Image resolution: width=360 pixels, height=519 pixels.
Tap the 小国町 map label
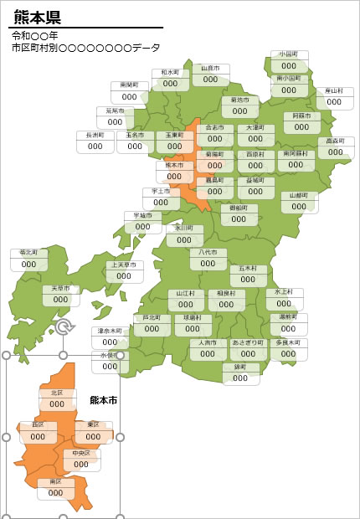pyautogui.click(x=289, y=54)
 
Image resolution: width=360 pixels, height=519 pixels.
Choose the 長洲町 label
pyautogui.click(x=95, y=135)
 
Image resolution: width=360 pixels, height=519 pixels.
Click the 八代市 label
pyautogui.click(x=208, y=252)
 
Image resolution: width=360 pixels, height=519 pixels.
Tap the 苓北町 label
pyautogui.click(x=29, y=252)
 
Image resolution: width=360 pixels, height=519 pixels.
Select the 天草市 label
pyautogui.click(x=61, y=289)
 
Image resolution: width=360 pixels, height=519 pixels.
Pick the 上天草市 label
pyautogui.click(x=125, y=266)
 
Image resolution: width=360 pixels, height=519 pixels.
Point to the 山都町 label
pyautogui.click(x=299, y=195)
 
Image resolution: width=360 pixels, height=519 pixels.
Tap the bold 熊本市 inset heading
pyautogui.click(x=103, y=400)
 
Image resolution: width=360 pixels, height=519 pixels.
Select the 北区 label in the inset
pyautogui.click(x=57, y=393)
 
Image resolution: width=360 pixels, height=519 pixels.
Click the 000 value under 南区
pyautogui.click(x=56, y=493)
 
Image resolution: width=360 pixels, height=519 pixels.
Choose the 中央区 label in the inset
pyautogui.click(x=81, y=453)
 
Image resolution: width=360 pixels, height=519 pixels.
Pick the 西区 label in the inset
pyautogui.click(x=38, y=424)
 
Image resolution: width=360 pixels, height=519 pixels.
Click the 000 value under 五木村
pyautogui.click(x=248, y=281)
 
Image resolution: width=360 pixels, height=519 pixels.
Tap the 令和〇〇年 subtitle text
pyautogui.click(x=35, y=37)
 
